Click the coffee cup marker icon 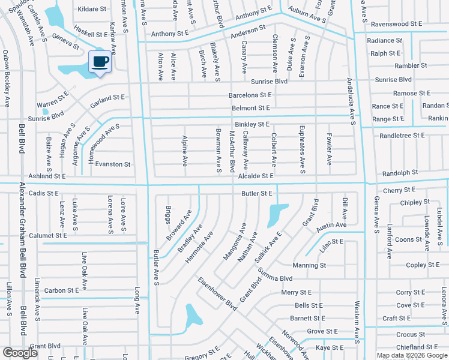(100, 62)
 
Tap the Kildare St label (91, 10)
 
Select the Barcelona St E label (250, 95)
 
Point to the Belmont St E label (251, 109)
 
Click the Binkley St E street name (252, 124)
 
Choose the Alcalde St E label (256, 176)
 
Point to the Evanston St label (113, 164)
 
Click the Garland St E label (107, 97)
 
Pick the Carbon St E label (62, 290)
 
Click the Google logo (20, 352)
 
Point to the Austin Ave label (331, 225)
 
